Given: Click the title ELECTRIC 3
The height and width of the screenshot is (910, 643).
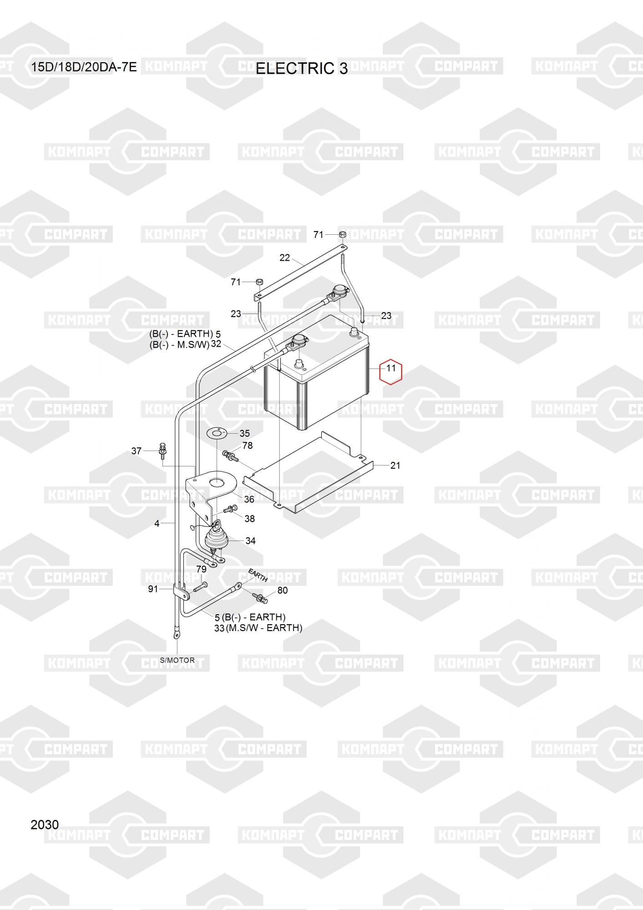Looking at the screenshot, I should click(301, 69).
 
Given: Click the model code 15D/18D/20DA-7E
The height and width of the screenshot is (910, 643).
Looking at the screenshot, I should click(84, 67).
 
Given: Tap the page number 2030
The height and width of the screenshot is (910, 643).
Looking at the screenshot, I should click(45, 824).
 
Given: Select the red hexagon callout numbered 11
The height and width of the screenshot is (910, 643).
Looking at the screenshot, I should click(391, 372).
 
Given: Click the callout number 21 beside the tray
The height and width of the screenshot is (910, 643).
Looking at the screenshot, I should click(395, 465).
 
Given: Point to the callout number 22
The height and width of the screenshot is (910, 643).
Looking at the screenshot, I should click(284, 258).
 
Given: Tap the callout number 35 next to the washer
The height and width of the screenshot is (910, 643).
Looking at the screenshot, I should click(244, 433).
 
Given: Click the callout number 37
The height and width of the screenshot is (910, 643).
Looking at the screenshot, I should click(137, 451).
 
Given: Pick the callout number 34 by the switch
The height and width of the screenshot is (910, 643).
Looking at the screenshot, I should click(250, 541).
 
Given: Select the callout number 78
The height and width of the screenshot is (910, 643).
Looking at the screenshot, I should click(247, 445).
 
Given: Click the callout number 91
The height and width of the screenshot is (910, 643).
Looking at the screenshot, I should click(153, 589).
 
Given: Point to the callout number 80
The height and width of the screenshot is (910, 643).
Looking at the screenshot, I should click(282, 590).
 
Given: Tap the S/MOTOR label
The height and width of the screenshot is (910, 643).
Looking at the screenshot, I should click(177, 660).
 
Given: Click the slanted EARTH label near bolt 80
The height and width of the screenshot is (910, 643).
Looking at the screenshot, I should click(258, 575).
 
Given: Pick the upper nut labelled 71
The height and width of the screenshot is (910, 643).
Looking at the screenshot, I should click(343, 235).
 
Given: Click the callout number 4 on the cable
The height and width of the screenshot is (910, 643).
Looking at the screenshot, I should click(157, 524).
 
